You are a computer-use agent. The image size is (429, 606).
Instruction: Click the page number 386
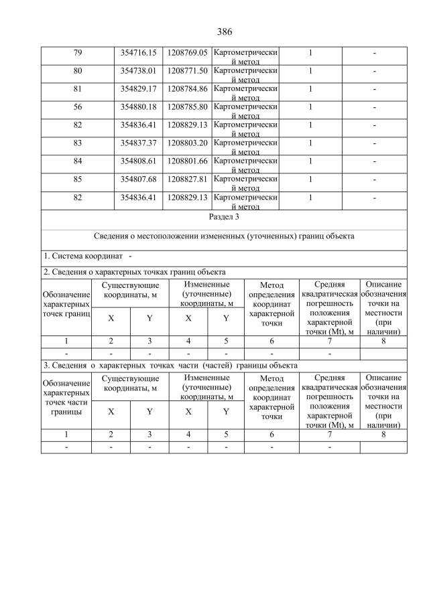pos(224,31)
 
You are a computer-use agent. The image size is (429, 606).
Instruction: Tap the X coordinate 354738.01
pos(138,70)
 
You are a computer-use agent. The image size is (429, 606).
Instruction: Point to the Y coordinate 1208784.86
pos(188,88)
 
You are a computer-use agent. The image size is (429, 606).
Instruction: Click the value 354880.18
pos(138,106)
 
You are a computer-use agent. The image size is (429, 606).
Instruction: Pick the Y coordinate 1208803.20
pos(188,143)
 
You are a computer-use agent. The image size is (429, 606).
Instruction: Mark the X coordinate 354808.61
pos(138,161)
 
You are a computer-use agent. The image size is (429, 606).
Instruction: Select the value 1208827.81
pos(188,179)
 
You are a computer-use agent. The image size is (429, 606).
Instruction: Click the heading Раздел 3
pos(224,217)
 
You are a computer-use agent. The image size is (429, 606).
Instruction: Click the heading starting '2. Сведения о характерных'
pos(134,272)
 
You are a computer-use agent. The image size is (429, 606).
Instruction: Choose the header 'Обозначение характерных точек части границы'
pos(66,398)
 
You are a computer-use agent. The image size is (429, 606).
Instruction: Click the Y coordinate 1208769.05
pos(188,52)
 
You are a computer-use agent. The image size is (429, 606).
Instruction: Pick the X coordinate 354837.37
pos(138,143)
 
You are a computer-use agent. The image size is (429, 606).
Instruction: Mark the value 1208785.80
pos(188,106)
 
